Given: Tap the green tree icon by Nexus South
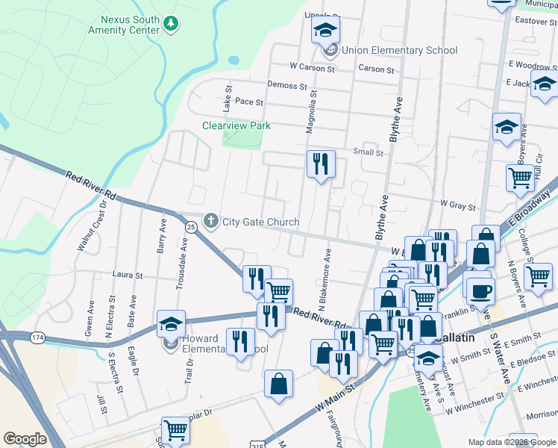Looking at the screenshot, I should [x=172, y=25].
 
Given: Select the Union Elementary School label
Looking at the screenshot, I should [x=399, y=51].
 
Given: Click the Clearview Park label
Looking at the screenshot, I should [x=236, y=125].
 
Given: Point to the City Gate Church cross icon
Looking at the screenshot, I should [x=211, y=222].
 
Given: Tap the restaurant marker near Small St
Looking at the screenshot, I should [x=321, y=164].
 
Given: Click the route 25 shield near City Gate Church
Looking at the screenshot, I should [x=191, y=226].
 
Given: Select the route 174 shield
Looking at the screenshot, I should [x=36, y=338].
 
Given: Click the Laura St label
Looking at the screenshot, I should [x=127, y=275].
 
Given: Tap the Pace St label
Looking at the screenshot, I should [x=249, y=102].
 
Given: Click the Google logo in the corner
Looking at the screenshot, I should [x=25, y=438].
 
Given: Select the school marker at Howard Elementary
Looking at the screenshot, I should [x=171, y=324].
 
